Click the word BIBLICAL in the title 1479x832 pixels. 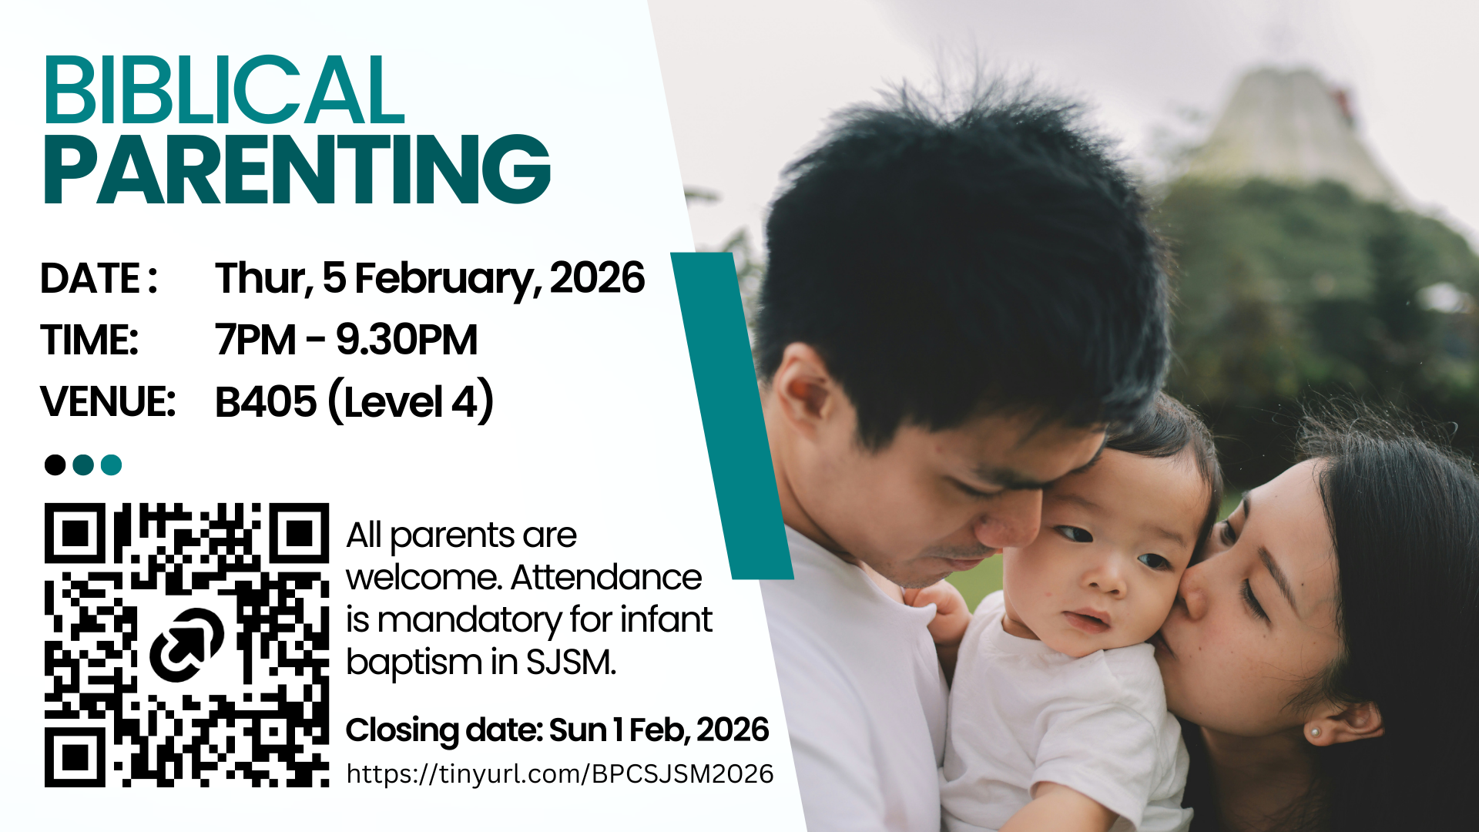point(224,90)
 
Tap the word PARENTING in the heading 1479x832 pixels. point(297,169)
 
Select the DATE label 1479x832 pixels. point(99,278)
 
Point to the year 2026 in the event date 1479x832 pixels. point(598,277)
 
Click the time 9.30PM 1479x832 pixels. point(407,340)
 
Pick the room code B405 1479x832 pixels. point(266,402)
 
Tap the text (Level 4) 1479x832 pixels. point(411,401)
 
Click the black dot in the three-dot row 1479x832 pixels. point(55,465)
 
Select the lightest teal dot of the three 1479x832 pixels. point(111,465)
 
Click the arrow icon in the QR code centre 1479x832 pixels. point(186,645)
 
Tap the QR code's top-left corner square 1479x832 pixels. point(75,532)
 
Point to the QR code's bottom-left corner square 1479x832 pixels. point(75,757)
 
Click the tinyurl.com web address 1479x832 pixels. point(560,773)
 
